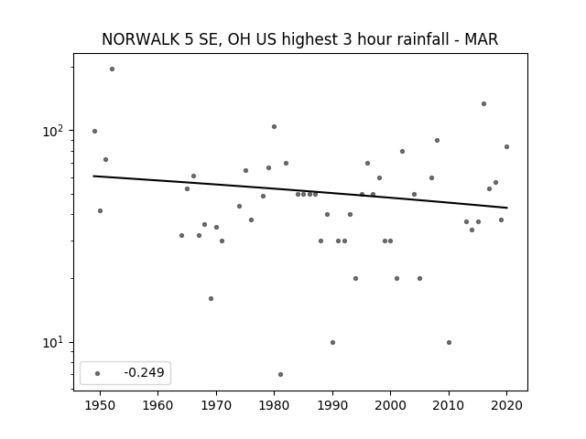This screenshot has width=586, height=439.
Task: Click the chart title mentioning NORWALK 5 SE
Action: pos(299,39)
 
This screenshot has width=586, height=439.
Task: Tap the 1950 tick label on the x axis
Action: pos(100,405)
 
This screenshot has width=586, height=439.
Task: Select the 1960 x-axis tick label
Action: pos(157,405)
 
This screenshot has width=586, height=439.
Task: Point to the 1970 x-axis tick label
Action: pos(216,405)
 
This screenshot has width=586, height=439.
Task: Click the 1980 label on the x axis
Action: pos(274,405)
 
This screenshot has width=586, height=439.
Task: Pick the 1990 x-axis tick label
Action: pos(332,405)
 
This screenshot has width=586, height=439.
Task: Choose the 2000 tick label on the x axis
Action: pos(390,405)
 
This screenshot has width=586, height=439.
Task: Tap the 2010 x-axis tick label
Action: pos(449,405)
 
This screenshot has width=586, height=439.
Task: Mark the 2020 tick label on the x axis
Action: pos(506,405)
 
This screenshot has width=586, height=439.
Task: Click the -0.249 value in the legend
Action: pos(144,372)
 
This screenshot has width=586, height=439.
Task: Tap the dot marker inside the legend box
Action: pos(98,373)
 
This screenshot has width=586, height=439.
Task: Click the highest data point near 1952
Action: pos(112,70)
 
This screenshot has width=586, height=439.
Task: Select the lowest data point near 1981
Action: pos(281,374)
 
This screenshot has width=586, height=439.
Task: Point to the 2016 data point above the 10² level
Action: pos(484,103)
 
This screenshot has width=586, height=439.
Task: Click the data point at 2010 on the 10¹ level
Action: pos(450,342)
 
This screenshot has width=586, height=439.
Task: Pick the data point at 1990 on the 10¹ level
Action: pos(333,342)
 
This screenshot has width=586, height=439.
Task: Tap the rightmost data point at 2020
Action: pos(506,146)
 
